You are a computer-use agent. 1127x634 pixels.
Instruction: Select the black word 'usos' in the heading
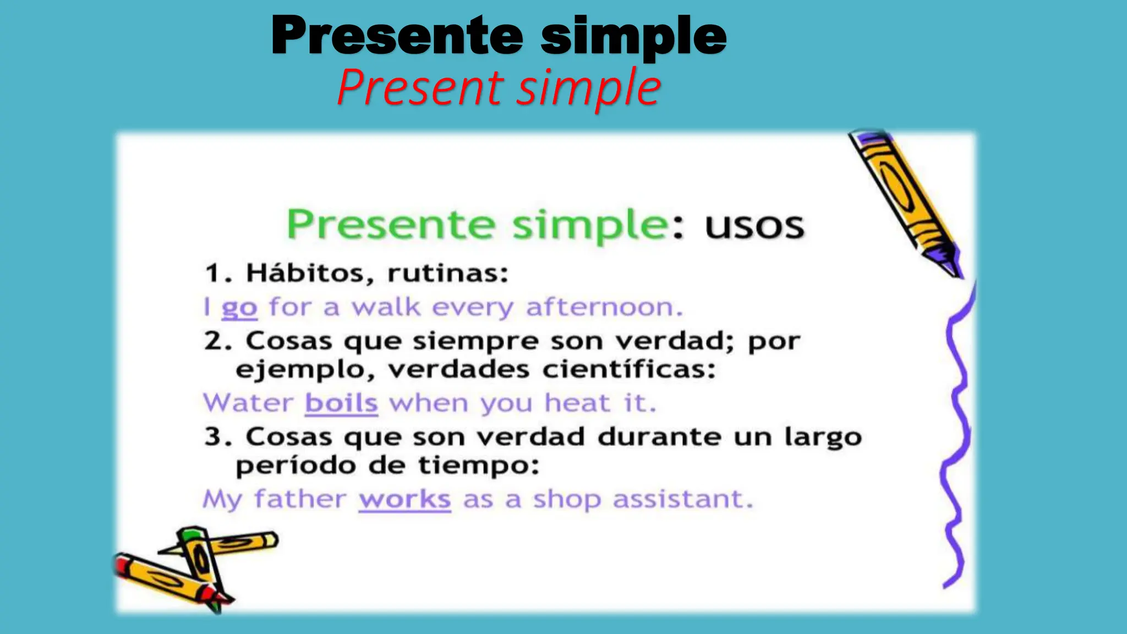pos(754,226)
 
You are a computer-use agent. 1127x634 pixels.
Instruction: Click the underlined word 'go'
pos(239,308)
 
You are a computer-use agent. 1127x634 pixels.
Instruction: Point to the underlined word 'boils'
pos(341,403)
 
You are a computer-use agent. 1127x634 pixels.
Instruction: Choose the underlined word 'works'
pos(405,499)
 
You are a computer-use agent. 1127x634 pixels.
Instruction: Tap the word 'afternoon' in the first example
pos(604,307)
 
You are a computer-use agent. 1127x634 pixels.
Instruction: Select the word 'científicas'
pos(628,369)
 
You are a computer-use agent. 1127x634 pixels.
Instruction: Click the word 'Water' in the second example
pos(248,403)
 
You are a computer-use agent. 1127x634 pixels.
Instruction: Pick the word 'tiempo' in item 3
pos(478,466)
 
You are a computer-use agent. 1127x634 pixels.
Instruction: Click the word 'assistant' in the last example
pos(682,499)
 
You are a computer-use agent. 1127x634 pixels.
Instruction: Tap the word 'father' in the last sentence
pos(300,499)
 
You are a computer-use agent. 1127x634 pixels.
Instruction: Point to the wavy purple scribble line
pos(956,440)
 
